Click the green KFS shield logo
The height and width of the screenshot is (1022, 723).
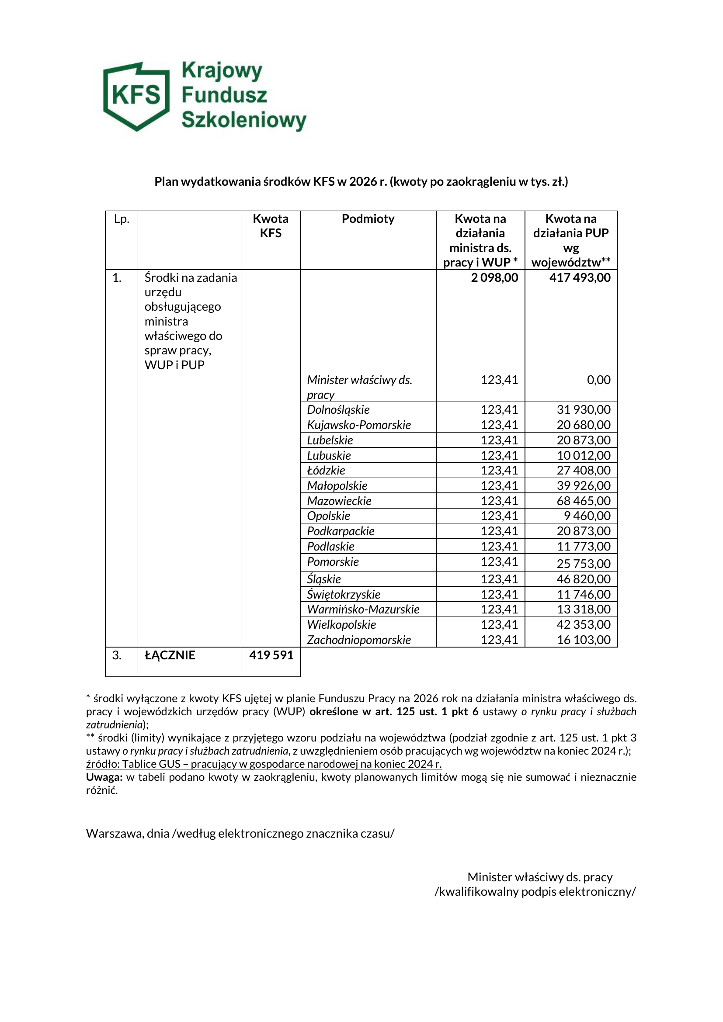[x=136, y=96]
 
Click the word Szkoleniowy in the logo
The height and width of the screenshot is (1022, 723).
[x=244, y=120]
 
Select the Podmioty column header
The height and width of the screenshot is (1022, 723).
[x=368, y=219]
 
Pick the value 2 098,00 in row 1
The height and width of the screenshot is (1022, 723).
[x=495, y=278]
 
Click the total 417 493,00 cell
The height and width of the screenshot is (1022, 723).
[x=580, y=278]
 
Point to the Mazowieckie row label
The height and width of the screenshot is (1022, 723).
[x=339, y=501]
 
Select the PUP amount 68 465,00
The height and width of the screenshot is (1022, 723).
[x=583, y=501]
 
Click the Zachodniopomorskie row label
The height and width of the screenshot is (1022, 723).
[x=359, y=640]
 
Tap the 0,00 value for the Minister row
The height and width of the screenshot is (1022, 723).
[x=598, y=380]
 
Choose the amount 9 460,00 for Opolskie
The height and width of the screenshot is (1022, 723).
[x=587, y=516]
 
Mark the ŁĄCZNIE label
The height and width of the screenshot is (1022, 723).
[x=170, y=655]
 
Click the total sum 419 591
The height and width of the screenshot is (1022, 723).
[x=271, y=655]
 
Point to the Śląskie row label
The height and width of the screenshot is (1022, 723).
[x=324, y=579]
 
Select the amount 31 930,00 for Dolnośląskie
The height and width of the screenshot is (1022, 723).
[x=583, y=409]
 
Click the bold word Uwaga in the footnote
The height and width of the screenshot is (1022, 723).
[x=104, y=777]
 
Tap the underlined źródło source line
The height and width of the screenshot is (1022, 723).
[x=264, y=764]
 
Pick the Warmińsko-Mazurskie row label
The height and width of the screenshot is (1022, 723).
[x=363, y=610]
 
